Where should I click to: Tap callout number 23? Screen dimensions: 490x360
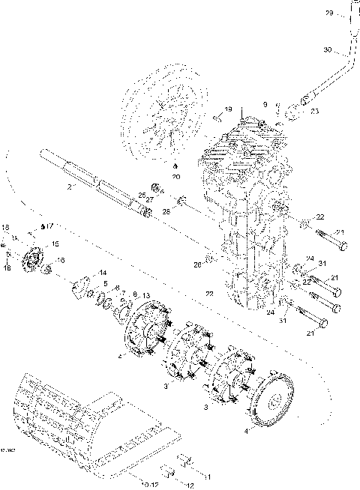[x=313, y=111]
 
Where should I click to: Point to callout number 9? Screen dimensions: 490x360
[x=264, y=104]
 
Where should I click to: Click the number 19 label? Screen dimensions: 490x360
[x=228, y=109]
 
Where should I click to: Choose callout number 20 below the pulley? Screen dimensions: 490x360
[x=175, y=177]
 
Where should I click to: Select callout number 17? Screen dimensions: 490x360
[x=50, y=224]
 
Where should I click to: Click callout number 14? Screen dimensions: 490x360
[x=103, y=272]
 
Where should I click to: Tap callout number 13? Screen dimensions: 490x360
[x=145, y=295]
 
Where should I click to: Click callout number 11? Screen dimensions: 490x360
[x=206, y=477]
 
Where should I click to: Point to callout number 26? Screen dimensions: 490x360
[x=197, y=264]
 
